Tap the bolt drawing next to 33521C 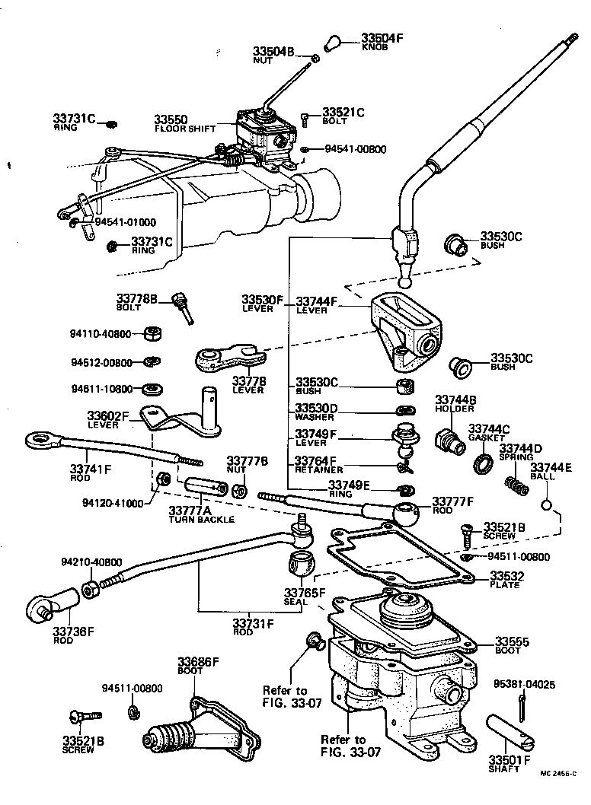[x=305, y=118]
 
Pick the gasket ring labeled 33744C [x=482, y=462]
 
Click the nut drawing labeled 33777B [x=238, y=491]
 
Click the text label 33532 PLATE [x=504, y=579]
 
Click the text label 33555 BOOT [x=512, y=646]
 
